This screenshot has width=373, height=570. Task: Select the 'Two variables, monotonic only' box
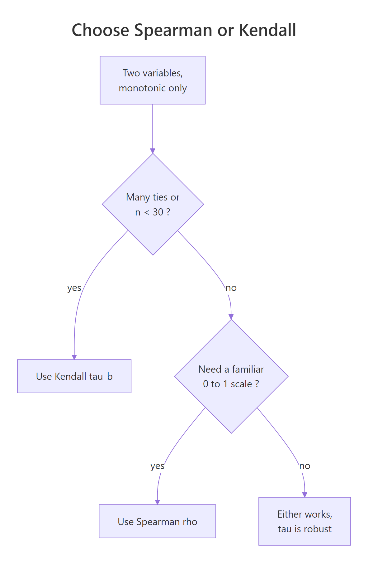153,80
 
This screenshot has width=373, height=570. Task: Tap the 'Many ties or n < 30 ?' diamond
153,205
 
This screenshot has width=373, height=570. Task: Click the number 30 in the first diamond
158,212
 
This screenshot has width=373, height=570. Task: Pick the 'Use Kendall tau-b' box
74,376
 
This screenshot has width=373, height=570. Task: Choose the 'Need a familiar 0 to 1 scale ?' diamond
231,376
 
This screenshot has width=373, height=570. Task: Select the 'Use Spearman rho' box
157,521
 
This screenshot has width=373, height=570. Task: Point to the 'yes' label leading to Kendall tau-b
74,288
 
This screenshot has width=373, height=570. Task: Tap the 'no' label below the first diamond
231,288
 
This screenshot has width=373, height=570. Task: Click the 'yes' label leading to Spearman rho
157,466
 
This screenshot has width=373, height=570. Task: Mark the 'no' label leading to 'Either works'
305,466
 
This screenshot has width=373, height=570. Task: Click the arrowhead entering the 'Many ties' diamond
153,151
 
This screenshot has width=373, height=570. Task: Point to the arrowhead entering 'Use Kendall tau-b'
74,357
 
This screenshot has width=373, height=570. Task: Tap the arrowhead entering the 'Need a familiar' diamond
231,317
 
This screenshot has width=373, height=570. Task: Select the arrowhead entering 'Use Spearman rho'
157,502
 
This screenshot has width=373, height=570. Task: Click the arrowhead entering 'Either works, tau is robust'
305,495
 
